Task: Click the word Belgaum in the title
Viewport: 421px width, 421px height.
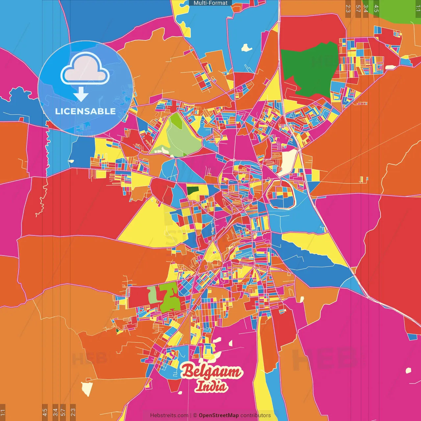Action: (211, 372)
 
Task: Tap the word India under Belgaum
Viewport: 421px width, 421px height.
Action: (211, 386)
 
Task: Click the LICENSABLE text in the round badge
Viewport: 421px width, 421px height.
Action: (85, 111)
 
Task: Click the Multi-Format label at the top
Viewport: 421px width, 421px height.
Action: (210, 3)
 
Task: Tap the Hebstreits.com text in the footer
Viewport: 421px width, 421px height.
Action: (169, 415)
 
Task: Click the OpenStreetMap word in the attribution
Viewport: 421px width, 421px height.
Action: (218, 415)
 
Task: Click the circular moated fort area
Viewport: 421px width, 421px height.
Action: (280, 194)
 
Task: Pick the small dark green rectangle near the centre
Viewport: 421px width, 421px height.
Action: (193, 190)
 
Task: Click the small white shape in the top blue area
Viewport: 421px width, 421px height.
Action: (246, 48)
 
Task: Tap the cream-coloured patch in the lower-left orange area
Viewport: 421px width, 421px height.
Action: (87, 388)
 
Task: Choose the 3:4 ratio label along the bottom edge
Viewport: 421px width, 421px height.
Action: (55, 412)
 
